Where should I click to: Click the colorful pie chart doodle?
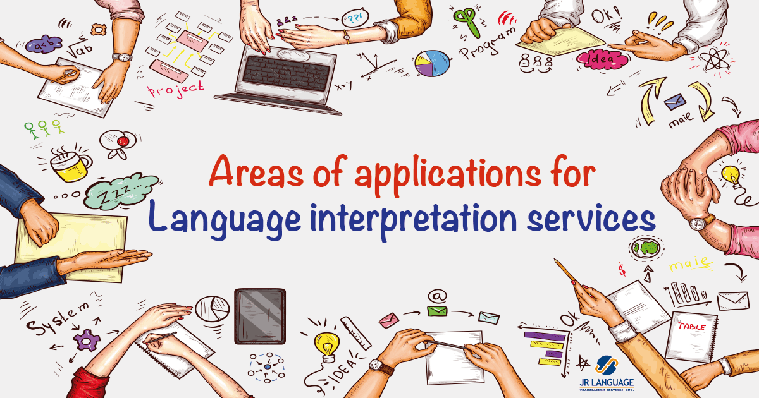click(x=432, y=63)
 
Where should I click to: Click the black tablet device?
click(x=260, y=317)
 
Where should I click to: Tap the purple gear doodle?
click(x=86, y=340)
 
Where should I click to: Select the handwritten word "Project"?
click(x=176, y=88)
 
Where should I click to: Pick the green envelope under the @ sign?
click(x=436, y=311)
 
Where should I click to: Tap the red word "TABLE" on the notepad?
click(x=691, y=327)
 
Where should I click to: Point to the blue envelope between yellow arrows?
click(x=675, y=102)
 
